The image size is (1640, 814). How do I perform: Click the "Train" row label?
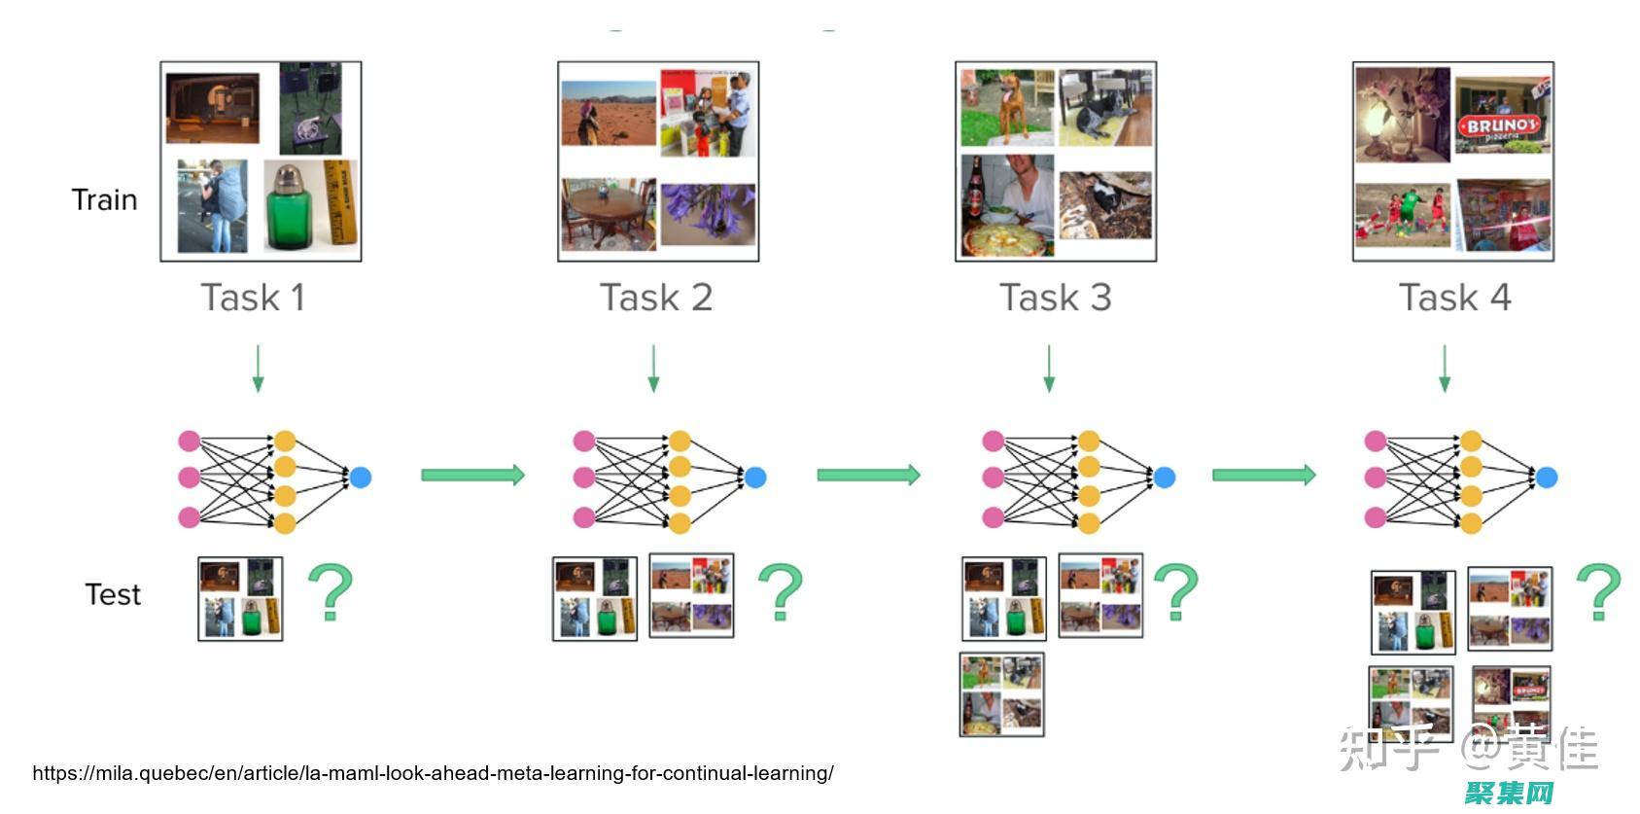coord(104,200)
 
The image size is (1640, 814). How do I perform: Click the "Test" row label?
coord(113,594)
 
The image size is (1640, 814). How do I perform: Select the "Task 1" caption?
coord(253,298)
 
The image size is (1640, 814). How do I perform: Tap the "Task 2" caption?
coord(656,298)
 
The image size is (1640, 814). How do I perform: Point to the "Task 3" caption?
coord(1055,298)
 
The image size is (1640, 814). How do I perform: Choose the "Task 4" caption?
coord(1454,298)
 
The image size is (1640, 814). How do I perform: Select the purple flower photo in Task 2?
coord(708,214)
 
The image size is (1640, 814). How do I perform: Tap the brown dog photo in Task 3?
coord(1007,108)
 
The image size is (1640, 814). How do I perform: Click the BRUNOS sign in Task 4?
coord(1502,125)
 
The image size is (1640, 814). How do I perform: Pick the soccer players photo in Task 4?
coord(1402,216)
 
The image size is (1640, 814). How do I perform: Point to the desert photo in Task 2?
coord(609,114)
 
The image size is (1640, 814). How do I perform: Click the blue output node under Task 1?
coord(360,478)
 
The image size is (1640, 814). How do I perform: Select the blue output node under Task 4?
coord(1547,478)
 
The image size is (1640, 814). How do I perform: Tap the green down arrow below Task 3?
coord(1048,369)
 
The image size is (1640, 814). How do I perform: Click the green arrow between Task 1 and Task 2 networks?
coord(472,475)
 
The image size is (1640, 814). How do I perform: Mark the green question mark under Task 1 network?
coord(331,591)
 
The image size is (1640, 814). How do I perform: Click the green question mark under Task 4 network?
coord(1599,591)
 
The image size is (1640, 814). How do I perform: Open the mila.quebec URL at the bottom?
coord(433,773)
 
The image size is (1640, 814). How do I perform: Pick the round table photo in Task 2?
coord(608,214)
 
